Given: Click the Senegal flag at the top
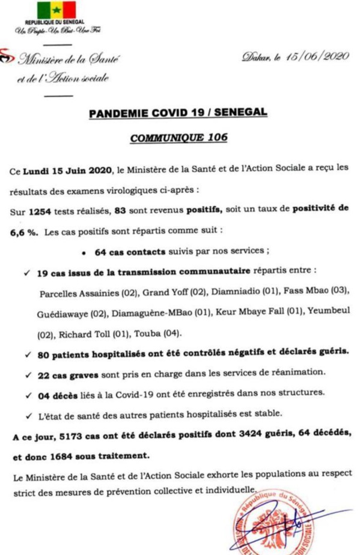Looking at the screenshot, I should pyautogui.click(x=56, y=10).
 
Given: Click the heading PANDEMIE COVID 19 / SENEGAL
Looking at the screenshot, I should pyautogui.click(x=177, y=113).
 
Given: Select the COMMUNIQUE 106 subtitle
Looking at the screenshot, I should pyautogui.click(x=179, y=138).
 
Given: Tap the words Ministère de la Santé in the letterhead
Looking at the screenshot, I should pyautogui.click(x=69, y=59).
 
